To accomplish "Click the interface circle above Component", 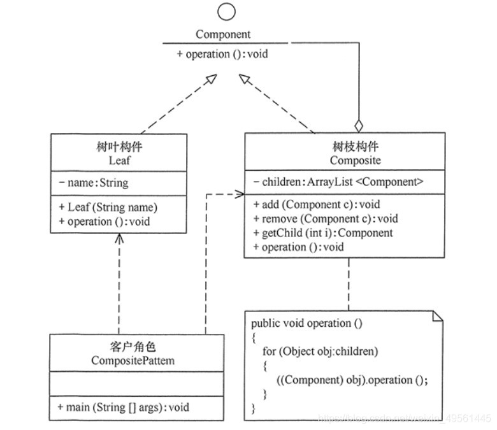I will coord(226,11).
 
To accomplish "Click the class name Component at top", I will coord(223,34).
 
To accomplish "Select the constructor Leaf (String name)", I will coord(108,207).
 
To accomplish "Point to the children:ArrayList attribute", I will coord(338,182).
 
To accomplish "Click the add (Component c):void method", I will coord(316,204).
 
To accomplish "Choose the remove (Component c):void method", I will coord(325,219).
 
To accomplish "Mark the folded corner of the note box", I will coord(437,316).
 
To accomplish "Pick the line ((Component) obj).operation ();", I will coord(352,380).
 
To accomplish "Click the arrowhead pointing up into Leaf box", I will coord(119,238).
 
